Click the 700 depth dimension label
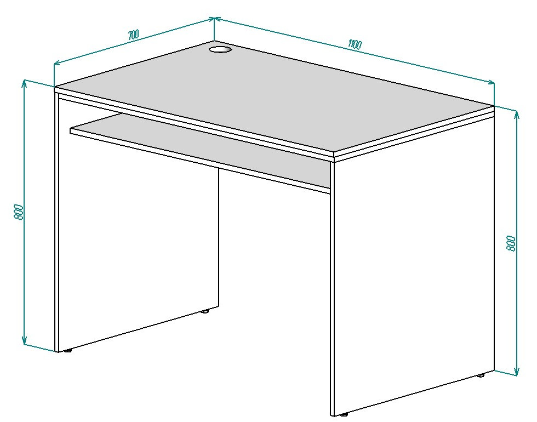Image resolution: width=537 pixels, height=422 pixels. (133, 35)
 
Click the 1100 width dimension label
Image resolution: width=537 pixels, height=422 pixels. (355, 44)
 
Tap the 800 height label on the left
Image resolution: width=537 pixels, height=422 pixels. (19, 212)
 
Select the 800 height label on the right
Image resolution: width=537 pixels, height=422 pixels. (511, 243)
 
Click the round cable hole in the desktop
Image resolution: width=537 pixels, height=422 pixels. (220, 50)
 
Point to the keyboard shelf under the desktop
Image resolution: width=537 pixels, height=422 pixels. (201, 151)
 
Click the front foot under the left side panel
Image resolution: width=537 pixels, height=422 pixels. (69, 351)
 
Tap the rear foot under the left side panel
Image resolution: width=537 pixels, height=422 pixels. (205, 311)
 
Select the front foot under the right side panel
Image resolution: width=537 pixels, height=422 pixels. (344, 415)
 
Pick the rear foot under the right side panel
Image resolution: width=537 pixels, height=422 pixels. (481, 375)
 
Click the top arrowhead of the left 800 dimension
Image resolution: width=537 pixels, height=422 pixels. (24, 83)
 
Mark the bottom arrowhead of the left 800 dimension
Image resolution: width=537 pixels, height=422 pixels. (24, 341)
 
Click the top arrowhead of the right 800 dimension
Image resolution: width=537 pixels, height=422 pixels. (517, 114)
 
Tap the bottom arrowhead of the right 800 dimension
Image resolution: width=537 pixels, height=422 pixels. (517, 372)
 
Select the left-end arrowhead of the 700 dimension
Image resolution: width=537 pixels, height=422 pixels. (58, 62)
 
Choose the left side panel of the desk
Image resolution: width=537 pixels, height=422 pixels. (137, 223)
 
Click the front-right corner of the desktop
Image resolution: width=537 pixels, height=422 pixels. (334, 152)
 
